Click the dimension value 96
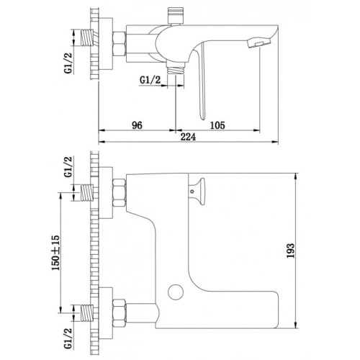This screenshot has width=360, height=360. click(137, 125)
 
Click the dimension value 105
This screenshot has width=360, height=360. click(217, 125)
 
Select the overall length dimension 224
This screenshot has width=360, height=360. click(188, 137)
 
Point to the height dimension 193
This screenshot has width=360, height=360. click(290, 251)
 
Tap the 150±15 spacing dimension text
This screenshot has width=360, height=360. click(55, 253)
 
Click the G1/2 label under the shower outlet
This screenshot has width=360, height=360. click(150, 80)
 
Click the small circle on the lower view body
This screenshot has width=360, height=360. click(176, 292)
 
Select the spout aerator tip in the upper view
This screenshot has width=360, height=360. click(258, 43)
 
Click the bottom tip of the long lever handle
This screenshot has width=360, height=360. click(203, 119)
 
